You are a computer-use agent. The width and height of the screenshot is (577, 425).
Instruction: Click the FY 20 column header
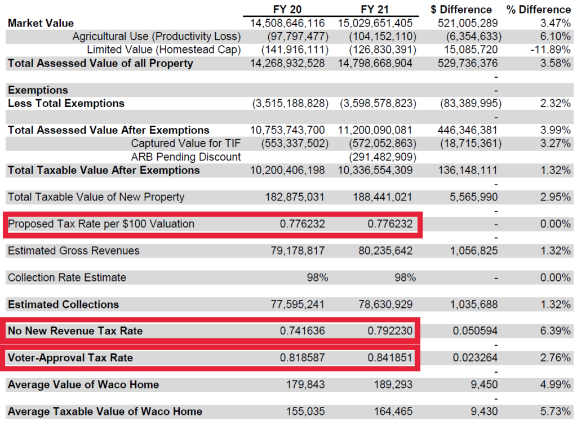[x=287, y=10]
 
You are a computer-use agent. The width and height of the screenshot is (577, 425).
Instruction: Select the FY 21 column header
[x=375, y=10]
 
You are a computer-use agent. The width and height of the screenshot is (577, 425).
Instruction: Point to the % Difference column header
[x=538, y=10]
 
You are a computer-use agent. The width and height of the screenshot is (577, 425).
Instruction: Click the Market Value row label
[x=41, y=23]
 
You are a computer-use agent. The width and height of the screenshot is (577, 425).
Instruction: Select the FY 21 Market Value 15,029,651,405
[x=375, y=23]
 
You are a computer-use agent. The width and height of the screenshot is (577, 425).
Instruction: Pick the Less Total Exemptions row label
[x=66, y=104]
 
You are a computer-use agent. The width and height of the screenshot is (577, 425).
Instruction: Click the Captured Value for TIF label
[x=186, y=144]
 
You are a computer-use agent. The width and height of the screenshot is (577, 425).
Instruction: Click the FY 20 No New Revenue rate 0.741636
[x=302, y=331]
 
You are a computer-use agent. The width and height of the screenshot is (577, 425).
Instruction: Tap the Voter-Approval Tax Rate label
[x=70, y=358]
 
